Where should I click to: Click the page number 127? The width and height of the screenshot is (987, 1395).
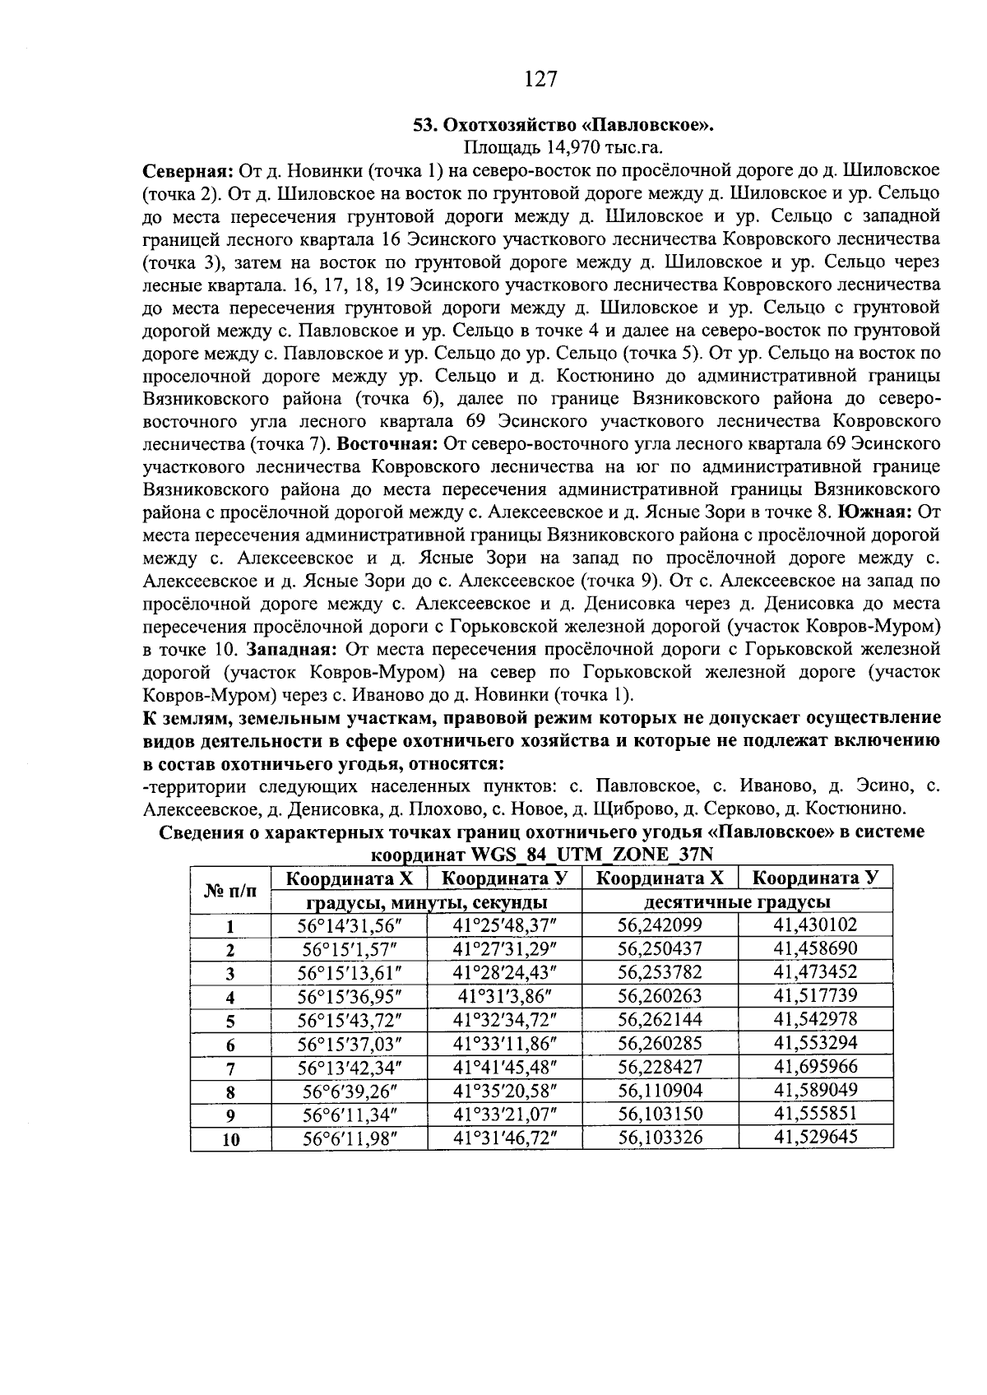click(540, 79)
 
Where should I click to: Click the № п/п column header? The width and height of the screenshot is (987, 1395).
click(230, 890)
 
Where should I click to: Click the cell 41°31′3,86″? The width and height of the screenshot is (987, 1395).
click(504, 996)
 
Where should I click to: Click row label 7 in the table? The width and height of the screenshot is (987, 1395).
click(231, 1069)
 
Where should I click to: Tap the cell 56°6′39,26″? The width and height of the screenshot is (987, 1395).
click(349, 1091)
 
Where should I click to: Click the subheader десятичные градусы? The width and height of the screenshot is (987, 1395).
click(737, 902)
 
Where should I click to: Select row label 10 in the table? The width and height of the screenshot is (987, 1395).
click(231, 1140)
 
